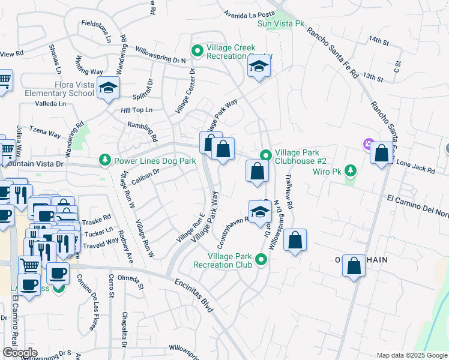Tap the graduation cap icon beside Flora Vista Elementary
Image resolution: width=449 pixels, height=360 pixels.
[x=108, y=89]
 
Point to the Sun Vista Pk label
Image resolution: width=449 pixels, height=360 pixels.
[x=282, y=23]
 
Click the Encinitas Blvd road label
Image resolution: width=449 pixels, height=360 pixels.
[x=194, y=295]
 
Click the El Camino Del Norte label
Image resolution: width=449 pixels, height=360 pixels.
[x=417, y=199]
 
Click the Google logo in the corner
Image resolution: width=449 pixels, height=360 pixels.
[x=20, y=352]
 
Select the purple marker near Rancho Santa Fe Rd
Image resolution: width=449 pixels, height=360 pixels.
[x=367, y=144]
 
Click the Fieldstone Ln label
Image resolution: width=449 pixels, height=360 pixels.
[x=97, y=31]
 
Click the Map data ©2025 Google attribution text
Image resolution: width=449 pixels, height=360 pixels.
[x=412, y=355]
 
